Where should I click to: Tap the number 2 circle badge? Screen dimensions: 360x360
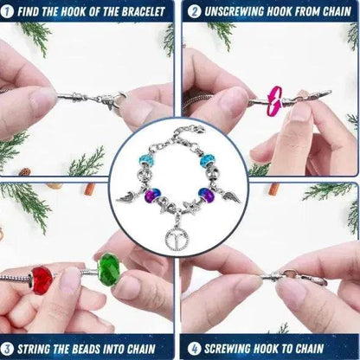pyautogui.click(x=195, y=11)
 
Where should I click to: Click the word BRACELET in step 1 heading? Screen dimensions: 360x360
pyautogui.click(x=141, y=11)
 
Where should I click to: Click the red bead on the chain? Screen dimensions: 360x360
pyautogui.click(x=42, y=280)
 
